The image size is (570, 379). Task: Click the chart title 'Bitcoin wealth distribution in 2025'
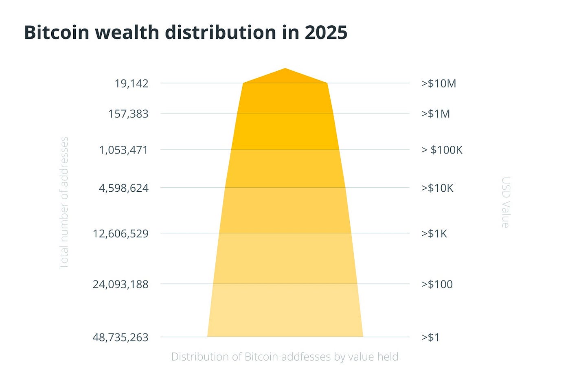tap(186, 33)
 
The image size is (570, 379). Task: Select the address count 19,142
tap(132, 83)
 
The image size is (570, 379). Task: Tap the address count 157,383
tap(128, 114)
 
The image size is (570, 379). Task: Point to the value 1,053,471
tap(124, 150)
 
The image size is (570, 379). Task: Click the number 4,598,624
tap(124, 188)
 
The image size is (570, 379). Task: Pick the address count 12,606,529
tap(121, 234)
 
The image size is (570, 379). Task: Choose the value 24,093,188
tap(121, 284)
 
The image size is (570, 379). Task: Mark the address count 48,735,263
tap(121, 337)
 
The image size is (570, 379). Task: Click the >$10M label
tap(438, 83)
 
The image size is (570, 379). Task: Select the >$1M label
tap(435, 114)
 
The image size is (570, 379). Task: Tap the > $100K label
tap(442, 150)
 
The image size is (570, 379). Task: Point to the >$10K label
tap(437, 188)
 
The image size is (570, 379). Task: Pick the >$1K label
tap(434, 234)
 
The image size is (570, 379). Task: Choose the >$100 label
tap(437, 284)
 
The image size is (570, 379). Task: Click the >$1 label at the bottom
tap(430, 337)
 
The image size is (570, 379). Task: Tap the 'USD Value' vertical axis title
tap(505, 202)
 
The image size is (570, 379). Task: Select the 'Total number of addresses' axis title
tap(64, 203)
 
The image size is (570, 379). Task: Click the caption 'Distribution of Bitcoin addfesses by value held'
tap(285, 357)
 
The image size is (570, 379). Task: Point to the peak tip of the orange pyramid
tap(285, 69)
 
